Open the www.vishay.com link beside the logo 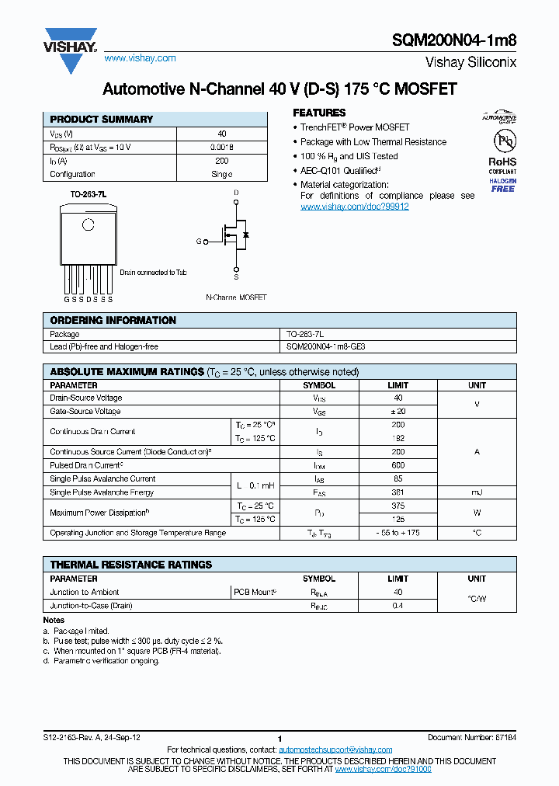click(140, 58)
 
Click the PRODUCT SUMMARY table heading click(101, 120)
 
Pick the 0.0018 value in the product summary click(221, 147)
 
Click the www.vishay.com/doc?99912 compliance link click(354, 207)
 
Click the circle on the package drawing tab click(88, 224)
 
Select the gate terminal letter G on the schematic click(198, 242)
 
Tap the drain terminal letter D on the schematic click(236, 192)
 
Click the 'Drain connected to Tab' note click(153, 273)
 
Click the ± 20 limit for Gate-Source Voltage click(398, 411)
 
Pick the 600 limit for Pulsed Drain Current click(398, 464)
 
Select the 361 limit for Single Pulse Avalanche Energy click(398, 492)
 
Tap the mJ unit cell click(477, 492)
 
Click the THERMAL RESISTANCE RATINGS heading click(130, 565)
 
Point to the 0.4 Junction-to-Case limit click(398, 605)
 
